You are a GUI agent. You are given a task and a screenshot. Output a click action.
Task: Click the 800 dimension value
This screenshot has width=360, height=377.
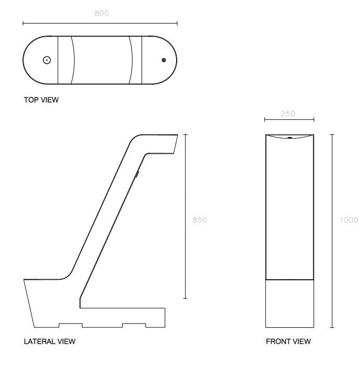[x=101, y=14]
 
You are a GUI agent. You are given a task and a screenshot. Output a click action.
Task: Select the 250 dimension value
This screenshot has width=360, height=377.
[x=288, y=113]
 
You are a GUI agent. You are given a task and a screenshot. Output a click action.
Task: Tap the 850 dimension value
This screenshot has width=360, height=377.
[x=200, y=220]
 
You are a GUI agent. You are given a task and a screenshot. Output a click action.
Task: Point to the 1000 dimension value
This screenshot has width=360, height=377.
[x=349, y=220]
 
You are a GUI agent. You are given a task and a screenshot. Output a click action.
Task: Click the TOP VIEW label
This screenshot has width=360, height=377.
[x=41, y=100]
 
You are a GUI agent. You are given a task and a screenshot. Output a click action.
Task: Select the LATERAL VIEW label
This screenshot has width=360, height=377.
[x=50, y=341]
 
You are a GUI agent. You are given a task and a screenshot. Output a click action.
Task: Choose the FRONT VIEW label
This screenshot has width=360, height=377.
[x=288, y=341]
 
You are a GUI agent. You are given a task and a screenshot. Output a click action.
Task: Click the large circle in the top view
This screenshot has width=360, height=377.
[x=47, y=60]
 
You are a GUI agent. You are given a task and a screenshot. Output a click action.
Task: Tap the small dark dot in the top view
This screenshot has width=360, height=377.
[x=164, y=61]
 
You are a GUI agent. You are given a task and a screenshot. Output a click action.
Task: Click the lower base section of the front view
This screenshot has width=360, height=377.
[x=289, y=303]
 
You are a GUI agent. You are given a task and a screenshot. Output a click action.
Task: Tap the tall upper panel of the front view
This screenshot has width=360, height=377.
[x=289, y=209]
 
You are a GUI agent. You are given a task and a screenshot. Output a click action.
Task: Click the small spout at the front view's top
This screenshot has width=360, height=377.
[x=289, y=138]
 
